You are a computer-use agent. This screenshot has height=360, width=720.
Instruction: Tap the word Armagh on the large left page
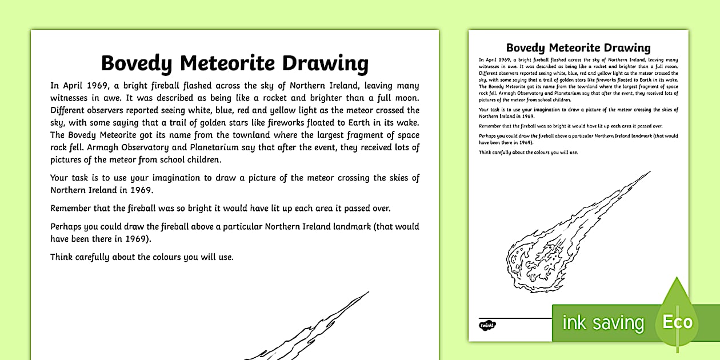tap(94, 148)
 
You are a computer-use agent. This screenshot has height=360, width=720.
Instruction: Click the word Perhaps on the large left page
tap(67, 226)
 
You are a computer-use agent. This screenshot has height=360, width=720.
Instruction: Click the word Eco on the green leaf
tap(678, 322)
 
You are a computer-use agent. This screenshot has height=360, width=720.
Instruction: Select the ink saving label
tap(603, 323)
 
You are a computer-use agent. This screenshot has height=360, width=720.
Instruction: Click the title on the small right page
tap(578, 47)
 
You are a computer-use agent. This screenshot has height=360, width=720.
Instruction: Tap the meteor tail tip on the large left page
tap(367, 293)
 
